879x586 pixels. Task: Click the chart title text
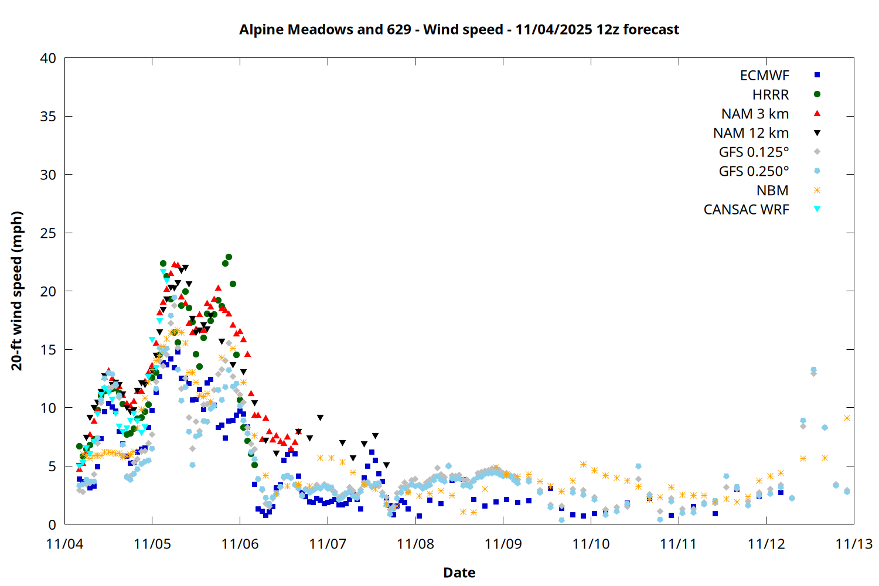pos(459,29)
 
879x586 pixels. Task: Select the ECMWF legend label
pos(764,76)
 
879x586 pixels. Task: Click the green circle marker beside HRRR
pos(817,94)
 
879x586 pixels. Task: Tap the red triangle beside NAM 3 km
pos(817,113)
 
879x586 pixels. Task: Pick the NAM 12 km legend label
pos(751,133)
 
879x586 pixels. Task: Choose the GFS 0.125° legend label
pos(754,152)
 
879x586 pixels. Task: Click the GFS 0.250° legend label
pos(754,172)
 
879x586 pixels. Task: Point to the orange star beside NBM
pos(817,190)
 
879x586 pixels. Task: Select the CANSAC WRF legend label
pos(746,210)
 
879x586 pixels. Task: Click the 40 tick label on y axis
pos(49,58)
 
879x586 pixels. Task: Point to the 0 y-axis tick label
pos(53,524)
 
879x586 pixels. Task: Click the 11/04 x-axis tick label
pos(64,544)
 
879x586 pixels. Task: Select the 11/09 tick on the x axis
pos(503,544)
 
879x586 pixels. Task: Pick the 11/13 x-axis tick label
pos(853,544)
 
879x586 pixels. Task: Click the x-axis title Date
pos(459,573)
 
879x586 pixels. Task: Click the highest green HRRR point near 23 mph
pos(229,257)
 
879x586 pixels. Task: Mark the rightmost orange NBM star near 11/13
pos(847,418)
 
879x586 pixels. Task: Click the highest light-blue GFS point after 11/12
pos(813,370)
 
